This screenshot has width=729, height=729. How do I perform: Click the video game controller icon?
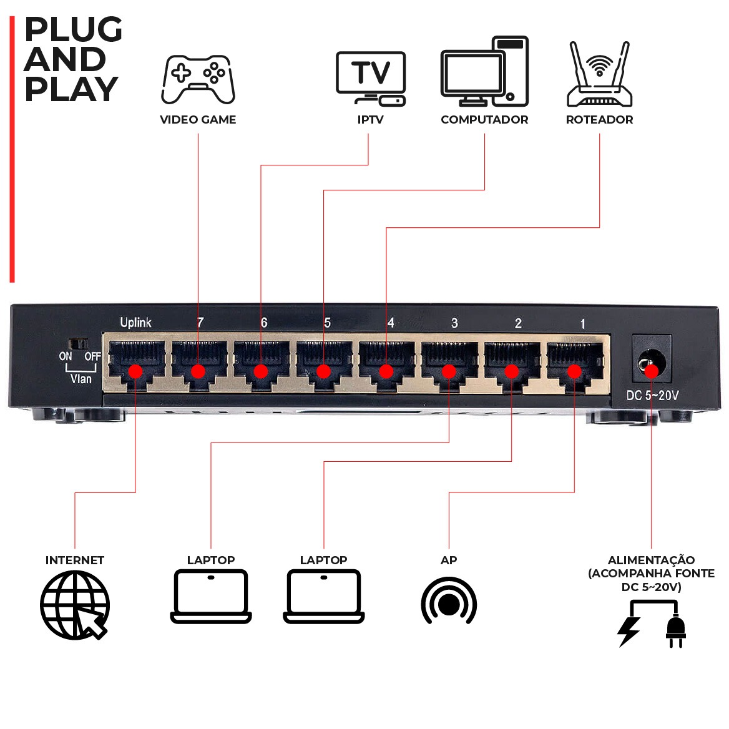198,79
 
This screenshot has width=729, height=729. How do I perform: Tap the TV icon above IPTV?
371,78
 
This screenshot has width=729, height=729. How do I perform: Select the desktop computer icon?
485,71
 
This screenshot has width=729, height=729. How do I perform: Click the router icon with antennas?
599,75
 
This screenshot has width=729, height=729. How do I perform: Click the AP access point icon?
449,602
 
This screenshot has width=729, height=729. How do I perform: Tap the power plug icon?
675,630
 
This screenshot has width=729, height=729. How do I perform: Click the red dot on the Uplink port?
135,372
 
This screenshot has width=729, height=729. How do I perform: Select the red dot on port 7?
198,372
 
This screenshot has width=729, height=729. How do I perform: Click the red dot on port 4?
386,372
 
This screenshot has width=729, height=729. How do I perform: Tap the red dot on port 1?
574,372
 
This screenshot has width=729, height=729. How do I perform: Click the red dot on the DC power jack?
652,372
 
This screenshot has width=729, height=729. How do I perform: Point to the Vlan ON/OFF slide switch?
79,344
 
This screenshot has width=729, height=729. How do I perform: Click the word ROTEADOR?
599,120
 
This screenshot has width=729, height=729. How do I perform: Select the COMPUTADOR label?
484,120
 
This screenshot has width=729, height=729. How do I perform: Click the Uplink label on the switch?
135,323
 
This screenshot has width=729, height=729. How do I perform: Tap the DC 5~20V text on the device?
652,396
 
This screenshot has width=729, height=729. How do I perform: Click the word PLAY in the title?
71,89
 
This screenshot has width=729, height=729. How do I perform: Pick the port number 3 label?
454,323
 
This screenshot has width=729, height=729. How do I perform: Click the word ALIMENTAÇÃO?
651,560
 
